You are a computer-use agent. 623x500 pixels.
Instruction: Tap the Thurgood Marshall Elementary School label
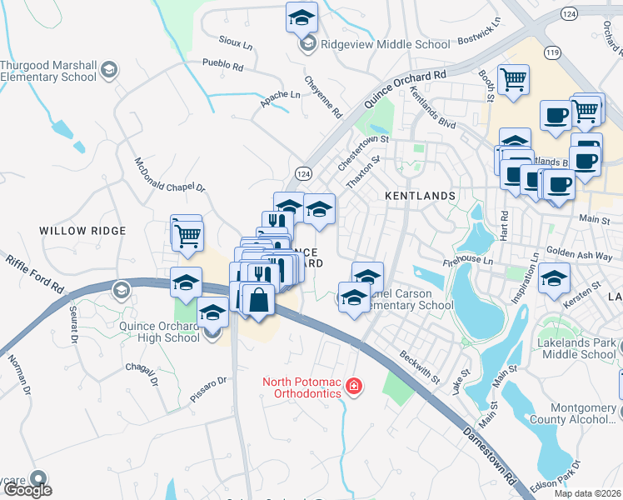pos(49,72)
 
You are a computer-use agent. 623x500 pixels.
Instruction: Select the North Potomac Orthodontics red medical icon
pos(354,387)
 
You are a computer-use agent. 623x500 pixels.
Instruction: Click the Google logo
pos(28,491)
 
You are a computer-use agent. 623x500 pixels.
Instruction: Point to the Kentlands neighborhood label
pos(421,196)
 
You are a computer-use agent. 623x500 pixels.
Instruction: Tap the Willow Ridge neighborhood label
pos(82,231)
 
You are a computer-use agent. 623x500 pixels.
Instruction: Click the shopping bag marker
pos(258,301)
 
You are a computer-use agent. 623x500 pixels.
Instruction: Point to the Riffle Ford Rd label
pos(36,273)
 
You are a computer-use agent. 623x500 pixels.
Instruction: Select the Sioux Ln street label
pos(237,42)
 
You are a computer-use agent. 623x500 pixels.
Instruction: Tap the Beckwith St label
pos(420,367)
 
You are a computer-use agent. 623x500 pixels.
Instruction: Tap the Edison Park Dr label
pos(596,473)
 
